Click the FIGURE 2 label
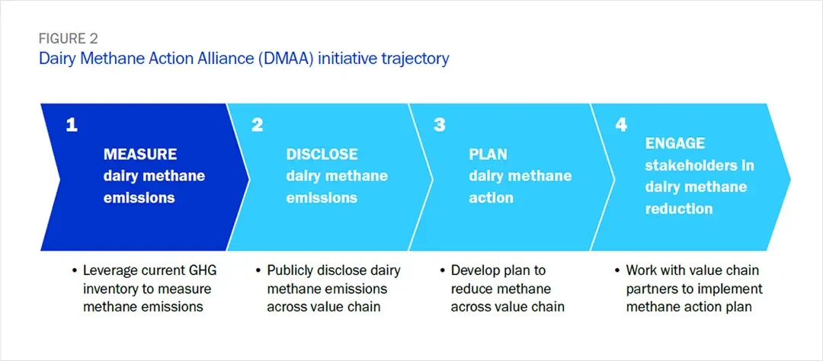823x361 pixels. tap(67, 39)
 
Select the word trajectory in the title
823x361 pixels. tap(415, 58)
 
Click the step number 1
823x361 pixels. tap(71, 125)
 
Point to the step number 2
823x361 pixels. tap(257, 125)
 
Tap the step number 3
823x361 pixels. tap(439, 125)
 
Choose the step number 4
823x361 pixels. tap(621, 125)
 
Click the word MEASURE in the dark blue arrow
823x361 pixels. tap(140, 154)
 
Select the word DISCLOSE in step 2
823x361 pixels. tap(322, 154)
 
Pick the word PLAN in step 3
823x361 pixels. tap(488, 154)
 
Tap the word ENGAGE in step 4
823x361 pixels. tap(675, 143)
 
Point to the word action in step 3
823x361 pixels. tap(491, 198)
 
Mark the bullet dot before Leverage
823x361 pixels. tap(74, 271)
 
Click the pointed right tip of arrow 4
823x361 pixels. tap(789, 177)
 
